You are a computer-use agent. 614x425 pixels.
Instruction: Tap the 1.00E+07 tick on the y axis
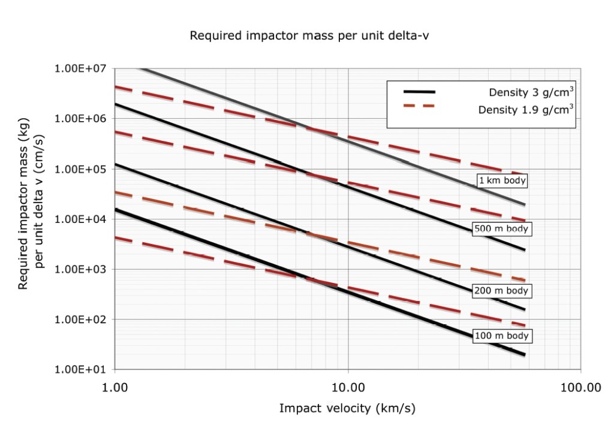coord(80,69)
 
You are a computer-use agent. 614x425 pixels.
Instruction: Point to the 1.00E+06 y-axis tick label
coord(80,119)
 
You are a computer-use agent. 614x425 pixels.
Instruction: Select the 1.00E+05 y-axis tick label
coord(80,169)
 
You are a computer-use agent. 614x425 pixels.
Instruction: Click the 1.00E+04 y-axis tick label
coord(80,219)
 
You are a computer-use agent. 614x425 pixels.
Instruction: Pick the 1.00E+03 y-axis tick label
coord(80,269)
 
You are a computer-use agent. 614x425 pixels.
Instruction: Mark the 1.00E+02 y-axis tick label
coord(80,319)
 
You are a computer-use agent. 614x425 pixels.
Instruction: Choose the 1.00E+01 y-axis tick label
coord(80,370)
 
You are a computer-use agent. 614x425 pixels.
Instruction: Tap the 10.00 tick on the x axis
coord(348,387)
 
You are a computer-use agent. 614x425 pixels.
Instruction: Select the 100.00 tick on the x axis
coord(581,387)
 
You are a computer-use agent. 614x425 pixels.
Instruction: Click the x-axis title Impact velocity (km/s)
coord(347,409)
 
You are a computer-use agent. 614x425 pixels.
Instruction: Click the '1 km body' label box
coord(502,180)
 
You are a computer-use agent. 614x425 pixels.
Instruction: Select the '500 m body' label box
coord(502,228)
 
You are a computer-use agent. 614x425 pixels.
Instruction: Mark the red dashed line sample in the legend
coord(419,107)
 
